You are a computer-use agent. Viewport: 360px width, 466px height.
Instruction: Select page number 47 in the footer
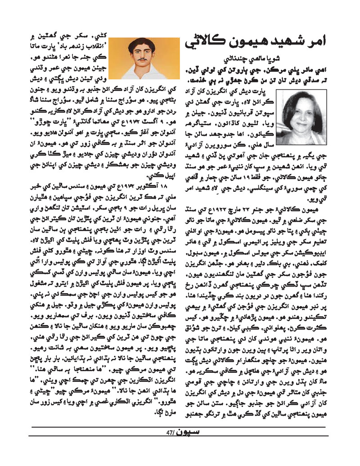(170, 434)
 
